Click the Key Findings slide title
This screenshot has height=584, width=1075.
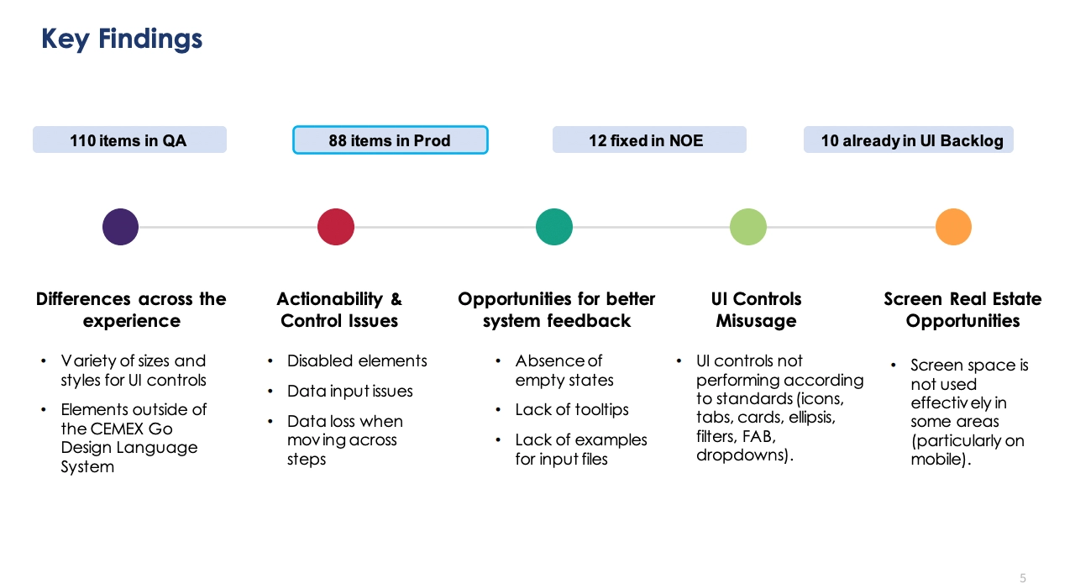click(122, 39)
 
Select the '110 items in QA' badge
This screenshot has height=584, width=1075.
click(129, 139)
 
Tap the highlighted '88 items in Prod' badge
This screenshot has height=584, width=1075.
click(391, 139)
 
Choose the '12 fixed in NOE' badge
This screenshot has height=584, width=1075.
click(649, 139)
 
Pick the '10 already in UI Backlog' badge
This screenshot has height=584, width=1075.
click(909, 139)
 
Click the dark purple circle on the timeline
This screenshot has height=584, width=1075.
click(120, 227)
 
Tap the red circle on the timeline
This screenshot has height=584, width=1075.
click(336, 227)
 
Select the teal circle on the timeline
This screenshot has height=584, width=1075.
click(554, 227)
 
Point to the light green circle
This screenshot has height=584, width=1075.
click(748, 227)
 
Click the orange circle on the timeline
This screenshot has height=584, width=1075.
click(953, 227)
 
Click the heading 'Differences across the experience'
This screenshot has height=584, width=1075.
click(131, 310)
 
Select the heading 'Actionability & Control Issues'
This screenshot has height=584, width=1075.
click(339, 310)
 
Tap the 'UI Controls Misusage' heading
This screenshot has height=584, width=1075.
click(757, 310)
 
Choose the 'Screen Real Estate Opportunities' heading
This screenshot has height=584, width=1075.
click(962, 310)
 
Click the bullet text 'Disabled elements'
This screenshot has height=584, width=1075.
click(357, 360)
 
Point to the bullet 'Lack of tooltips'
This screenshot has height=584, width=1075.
click(572, 410)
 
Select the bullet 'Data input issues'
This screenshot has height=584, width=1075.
click(350, 391)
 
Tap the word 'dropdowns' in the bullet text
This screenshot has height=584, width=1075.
click(740, 455)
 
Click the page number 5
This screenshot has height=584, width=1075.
click(1023, 578)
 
